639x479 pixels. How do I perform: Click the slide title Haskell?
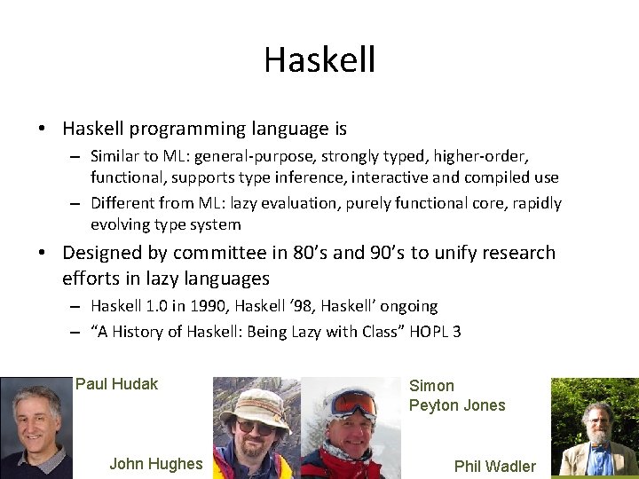click(319, 60)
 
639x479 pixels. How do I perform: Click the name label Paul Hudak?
click(116, 384)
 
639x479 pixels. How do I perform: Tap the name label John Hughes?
click(155, 463)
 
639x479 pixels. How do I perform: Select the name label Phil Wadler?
click(494, 466)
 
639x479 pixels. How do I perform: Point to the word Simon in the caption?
click(431, 386)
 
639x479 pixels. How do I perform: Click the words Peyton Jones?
click(457, 405)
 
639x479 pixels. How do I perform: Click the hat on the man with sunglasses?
click(256, 399)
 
